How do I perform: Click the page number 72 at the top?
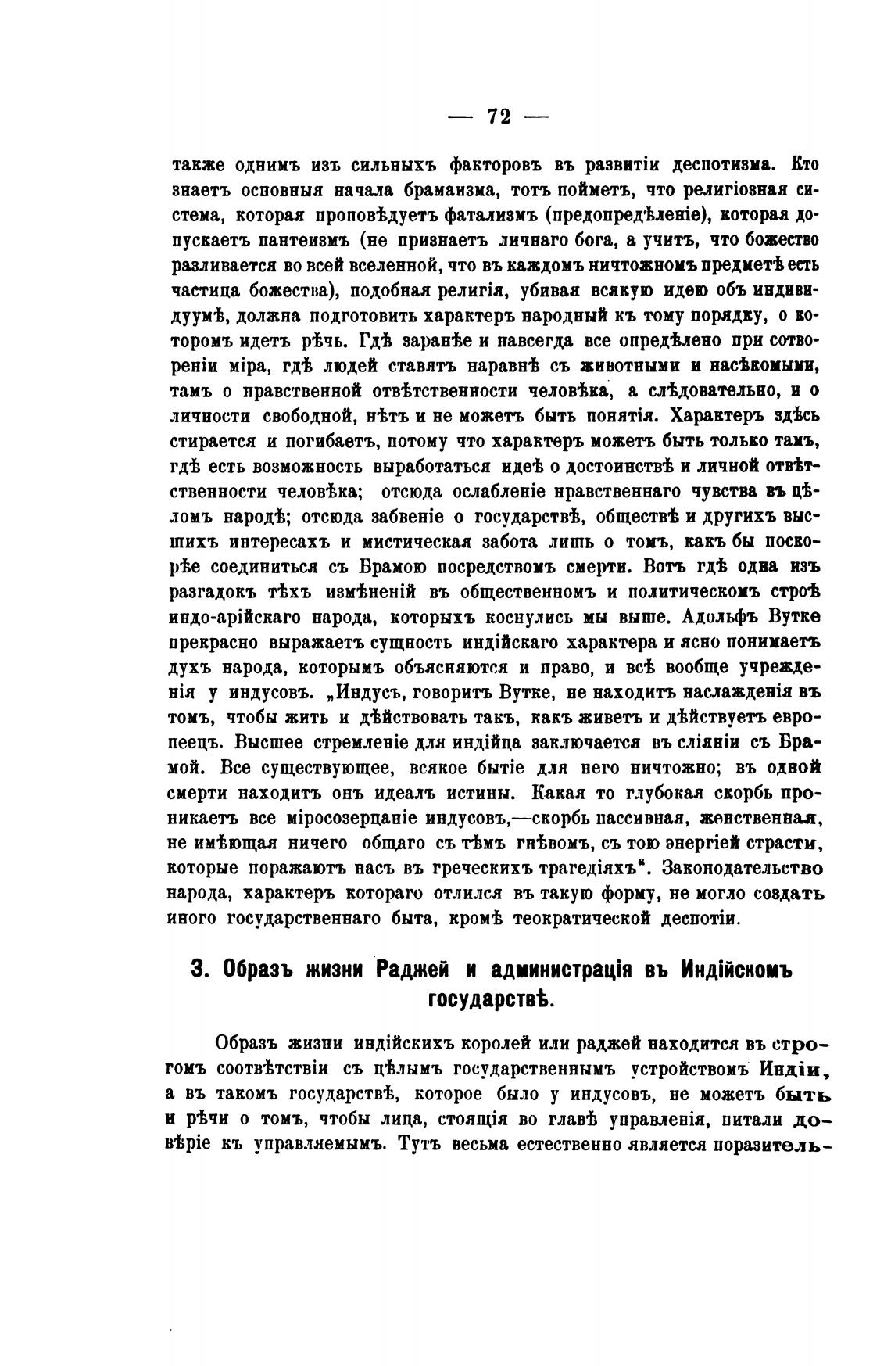(498, 117)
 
